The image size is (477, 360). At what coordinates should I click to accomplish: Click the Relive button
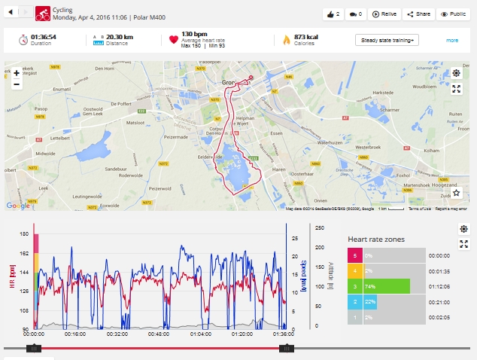pos(385,14)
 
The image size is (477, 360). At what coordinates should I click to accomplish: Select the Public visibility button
pos(454,14)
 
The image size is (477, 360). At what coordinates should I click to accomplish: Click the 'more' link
pos(451,40)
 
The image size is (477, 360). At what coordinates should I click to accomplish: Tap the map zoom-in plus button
pos(17,73)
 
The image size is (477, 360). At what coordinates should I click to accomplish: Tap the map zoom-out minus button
pos(17,84)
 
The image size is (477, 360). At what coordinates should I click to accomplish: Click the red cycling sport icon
pos(43,13)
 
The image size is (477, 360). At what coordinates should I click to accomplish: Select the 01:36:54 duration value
pos(44,35)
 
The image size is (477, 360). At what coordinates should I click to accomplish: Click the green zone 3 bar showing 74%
pos(387,286)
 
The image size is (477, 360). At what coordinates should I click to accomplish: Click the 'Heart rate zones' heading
pos(375,239)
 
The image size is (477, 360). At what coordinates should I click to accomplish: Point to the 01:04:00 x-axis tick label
pos(201,334)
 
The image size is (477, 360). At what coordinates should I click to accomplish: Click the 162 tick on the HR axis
pos(25,253)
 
